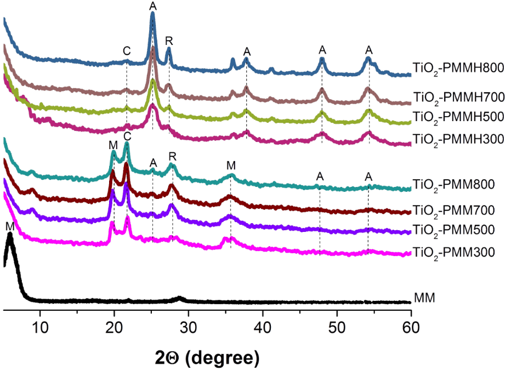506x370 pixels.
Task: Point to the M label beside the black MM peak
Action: click(8, 226)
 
